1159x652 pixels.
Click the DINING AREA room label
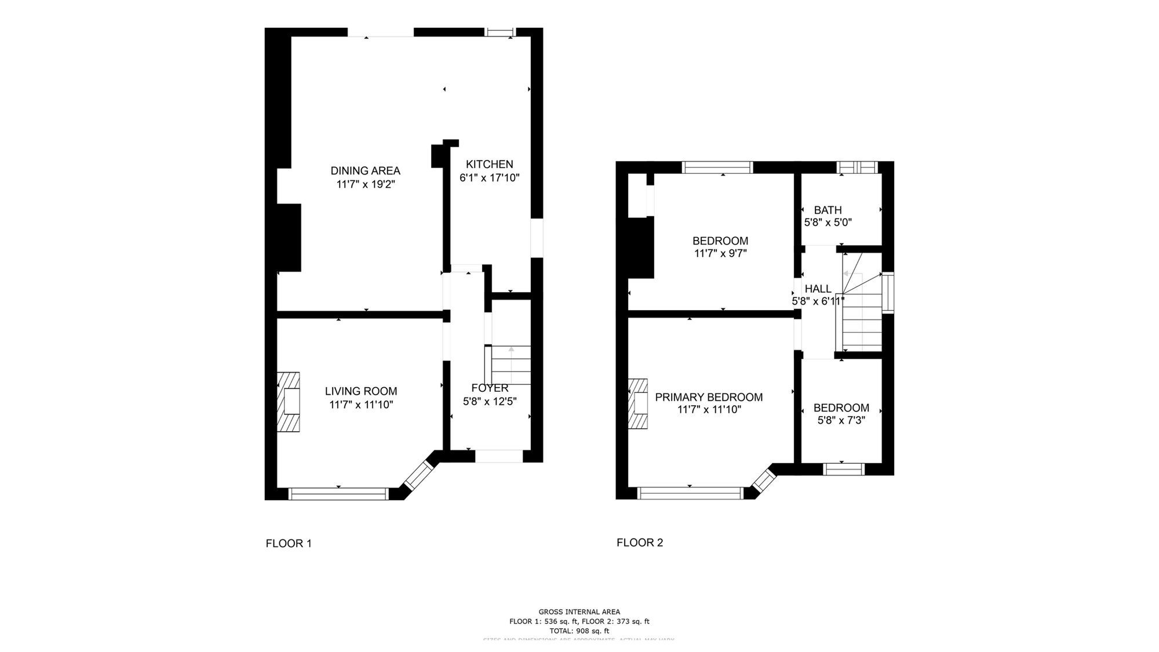(x=365, y=170)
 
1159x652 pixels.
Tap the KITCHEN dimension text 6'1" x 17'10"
(x=490, y=178)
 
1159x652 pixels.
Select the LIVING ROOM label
(x=360, y=391)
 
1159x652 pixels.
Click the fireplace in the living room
(x=289, y=402)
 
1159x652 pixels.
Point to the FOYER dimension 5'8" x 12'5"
(x=490, y=401)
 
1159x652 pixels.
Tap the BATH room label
(x=828, y=210)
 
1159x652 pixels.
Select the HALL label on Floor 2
(x=818, y=289)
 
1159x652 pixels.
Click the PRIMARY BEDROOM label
(x=709, y=397)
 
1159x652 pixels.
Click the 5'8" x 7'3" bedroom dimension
(x=841, y=420)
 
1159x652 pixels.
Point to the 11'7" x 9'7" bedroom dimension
(x=720, y=253)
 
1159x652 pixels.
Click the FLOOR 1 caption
(x=289, y=544)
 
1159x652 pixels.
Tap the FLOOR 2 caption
(x=640, y=542)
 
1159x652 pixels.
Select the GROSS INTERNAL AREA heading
(x=579, y=611)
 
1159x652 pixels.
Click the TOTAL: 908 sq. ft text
(x=579, y=631)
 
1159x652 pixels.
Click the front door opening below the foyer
(x=499, y=457)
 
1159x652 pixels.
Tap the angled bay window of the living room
(x=419, y=475)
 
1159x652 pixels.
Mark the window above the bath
(x=858, y=167)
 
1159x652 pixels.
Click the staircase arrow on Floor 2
(x=848, y=274)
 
